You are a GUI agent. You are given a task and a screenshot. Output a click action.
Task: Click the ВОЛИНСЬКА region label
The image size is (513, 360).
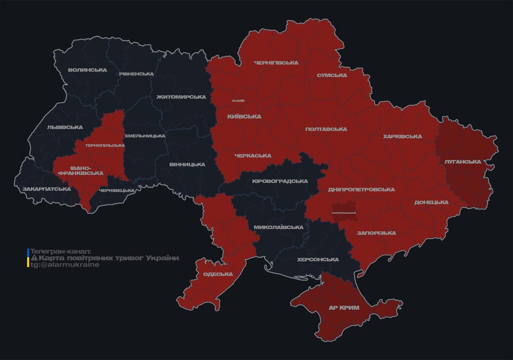click(87, 70)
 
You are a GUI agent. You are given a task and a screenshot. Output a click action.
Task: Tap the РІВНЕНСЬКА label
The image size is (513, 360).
click(136, 74)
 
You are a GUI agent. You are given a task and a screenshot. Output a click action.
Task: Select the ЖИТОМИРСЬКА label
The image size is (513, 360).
click(181, 97)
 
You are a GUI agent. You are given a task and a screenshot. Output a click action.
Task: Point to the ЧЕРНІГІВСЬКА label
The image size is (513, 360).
click(276, 63)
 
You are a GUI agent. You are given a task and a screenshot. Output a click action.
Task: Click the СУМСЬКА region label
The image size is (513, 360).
click(332, 75)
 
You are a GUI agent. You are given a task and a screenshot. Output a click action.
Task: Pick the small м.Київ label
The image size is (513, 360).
click(238, 101)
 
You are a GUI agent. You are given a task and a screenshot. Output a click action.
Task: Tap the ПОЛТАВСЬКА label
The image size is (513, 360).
click(326, 129)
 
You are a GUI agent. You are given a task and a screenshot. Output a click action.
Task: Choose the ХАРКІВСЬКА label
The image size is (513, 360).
click(402, 137)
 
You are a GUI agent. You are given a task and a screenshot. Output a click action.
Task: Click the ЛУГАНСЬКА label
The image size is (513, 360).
click(463, 162)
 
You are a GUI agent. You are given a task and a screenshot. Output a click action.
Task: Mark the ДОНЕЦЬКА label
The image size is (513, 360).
click(431, 202)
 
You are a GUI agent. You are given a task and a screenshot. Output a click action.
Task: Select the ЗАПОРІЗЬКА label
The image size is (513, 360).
click(376, 233)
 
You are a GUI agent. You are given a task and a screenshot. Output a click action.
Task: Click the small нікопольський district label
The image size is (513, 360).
click(344, 213)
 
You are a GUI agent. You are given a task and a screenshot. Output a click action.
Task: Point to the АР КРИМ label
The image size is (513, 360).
click(344, 308)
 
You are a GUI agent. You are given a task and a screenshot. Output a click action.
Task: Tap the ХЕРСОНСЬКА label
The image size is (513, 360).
click(318, 260)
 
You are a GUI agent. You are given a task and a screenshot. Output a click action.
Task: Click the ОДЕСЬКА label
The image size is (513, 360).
click(218, 274)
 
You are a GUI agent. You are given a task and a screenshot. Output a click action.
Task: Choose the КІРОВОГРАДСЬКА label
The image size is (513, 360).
click(280, 181)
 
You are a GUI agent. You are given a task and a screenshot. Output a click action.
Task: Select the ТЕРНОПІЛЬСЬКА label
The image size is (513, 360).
click(105, 145)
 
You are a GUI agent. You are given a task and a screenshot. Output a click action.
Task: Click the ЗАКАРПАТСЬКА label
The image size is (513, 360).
click(46, 189)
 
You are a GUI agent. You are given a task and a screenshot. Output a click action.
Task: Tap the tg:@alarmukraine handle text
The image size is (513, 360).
click(65, 265)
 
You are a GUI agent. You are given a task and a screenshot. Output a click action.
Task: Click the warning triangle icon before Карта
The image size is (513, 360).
click(34, 258)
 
